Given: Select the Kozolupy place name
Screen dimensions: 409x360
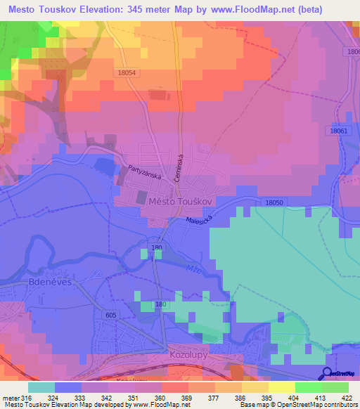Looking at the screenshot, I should pyautogui.click(x=186, y=357).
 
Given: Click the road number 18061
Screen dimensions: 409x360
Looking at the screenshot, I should pyautogui.click(x=339, y=131).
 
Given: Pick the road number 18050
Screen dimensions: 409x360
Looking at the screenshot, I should pyautogui.click(x=274, y=202).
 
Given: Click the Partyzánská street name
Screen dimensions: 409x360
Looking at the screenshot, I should pyautogui.click(x=145, y=172).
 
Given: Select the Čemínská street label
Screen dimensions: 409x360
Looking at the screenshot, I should pyautogui.click(x=180, y=168).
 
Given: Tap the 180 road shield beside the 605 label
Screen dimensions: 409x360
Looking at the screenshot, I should pyautogui.click(x=162, y=304).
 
